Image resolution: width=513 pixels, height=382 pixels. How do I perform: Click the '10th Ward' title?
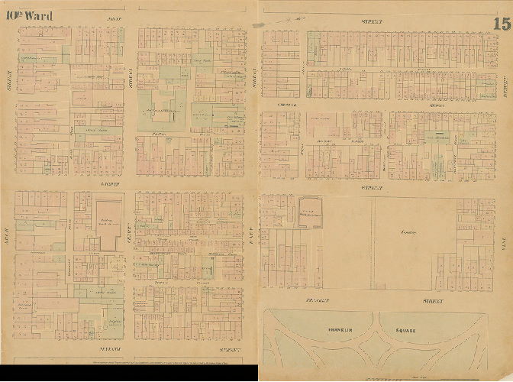pos(31,16)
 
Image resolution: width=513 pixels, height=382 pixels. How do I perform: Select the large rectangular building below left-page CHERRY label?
pos(108,225)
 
